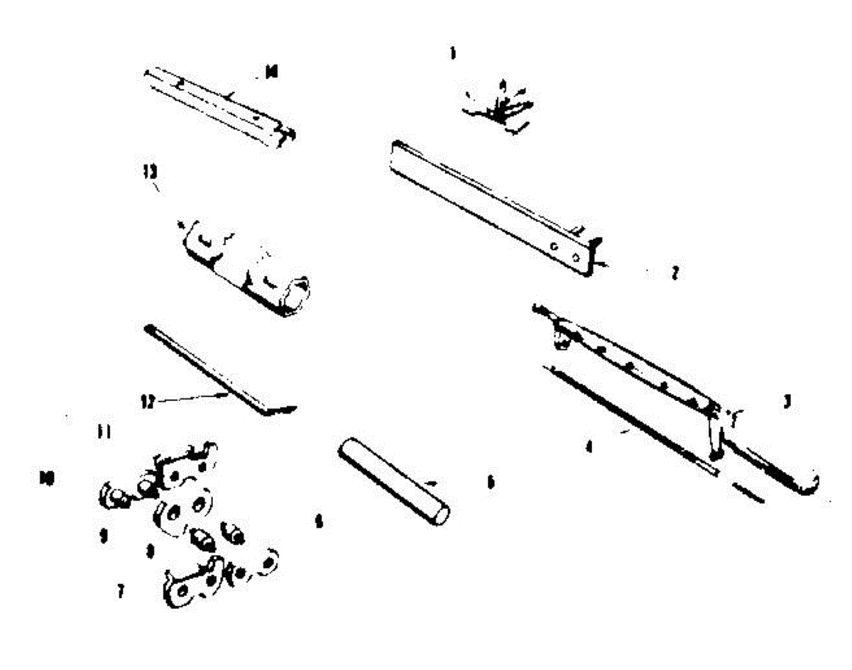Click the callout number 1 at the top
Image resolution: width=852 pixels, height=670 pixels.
(452, 53)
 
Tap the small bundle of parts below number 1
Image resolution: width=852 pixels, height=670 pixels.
(500, 106)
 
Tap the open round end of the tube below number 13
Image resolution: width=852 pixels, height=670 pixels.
(302, 292)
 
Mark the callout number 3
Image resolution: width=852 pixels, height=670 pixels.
(787, 402)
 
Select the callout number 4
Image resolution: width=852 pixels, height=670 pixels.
(589, 449)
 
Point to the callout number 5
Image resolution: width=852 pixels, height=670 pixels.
(489, 482)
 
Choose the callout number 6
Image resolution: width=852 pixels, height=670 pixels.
(319, 522)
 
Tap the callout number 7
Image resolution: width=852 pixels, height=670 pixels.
(121, 591)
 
